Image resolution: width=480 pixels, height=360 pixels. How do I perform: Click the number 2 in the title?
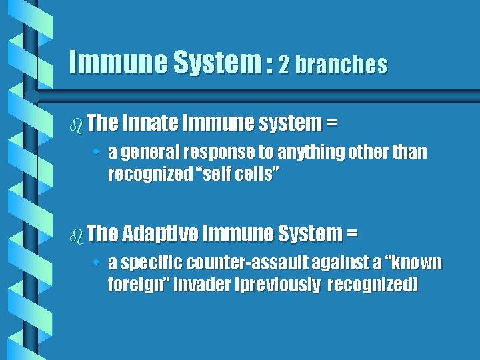click(x=284, y=64)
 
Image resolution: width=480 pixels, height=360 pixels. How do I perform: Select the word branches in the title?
click(x=341, y=64)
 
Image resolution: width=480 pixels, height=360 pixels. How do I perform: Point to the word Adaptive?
click(x=160, y=233)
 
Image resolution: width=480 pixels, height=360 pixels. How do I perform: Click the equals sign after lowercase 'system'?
click(x=331, y=123)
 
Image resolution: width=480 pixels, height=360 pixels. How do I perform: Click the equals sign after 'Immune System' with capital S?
click(x=351, y=234)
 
